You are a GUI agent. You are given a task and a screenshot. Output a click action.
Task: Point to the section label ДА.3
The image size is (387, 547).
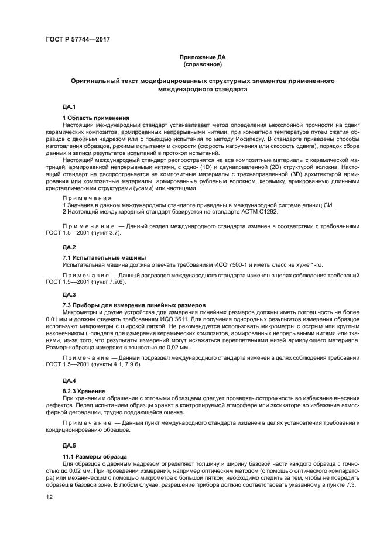click(69, 294)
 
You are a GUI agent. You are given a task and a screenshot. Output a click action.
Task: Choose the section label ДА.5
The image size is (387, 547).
click(69, 445)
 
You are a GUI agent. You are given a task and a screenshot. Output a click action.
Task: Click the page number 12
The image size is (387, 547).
click(50, 497)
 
